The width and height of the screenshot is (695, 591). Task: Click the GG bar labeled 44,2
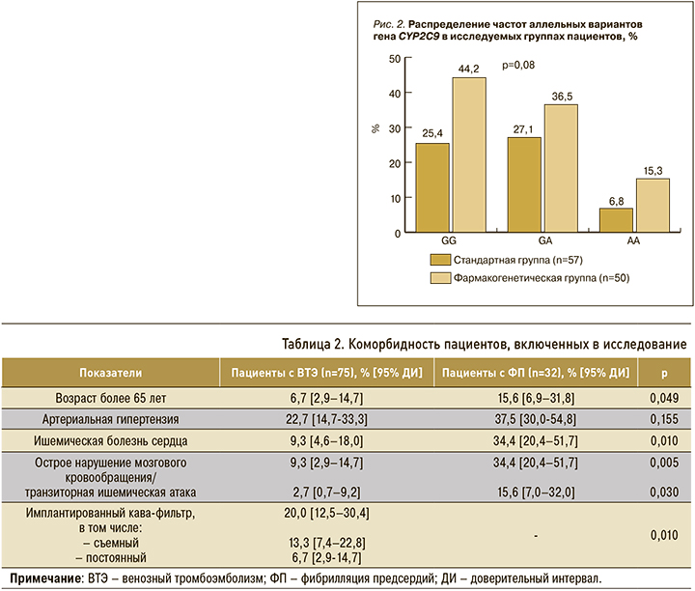pyautogui.click(x=468, y=155)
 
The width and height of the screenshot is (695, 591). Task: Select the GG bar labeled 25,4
pyautogui.click(x=431, y=187)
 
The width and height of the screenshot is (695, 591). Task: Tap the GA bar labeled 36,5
pyautogui.click(x=561, y=168)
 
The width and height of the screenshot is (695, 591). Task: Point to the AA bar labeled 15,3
pyautogui.click(x=653, y=206)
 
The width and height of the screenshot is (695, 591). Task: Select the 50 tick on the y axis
pyautogui.click(x=393, y=59)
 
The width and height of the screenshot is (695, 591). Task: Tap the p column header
pyautogui.click(x=663, y=372)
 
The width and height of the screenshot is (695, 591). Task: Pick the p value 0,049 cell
pyautogui.click(x=663, y=397)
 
